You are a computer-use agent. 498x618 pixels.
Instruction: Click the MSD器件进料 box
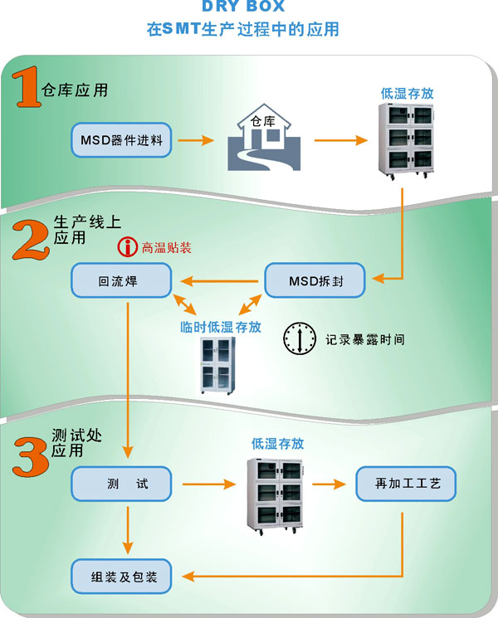121,139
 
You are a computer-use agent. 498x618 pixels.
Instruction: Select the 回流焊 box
121,281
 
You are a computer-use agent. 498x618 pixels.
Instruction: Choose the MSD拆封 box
315,281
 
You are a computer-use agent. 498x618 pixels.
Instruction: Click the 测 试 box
121,484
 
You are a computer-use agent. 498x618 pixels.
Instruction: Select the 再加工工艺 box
405,484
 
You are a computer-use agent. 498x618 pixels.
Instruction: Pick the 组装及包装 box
121,576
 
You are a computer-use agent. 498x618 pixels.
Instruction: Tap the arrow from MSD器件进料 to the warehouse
199,139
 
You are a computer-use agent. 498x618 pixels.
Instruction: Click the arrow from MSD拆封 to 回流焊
217,281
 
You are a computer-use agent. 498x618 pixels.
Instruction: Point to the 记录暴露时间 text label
365,339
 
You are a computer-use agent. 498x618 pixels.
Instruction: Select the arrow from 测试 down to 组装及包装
128,530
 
